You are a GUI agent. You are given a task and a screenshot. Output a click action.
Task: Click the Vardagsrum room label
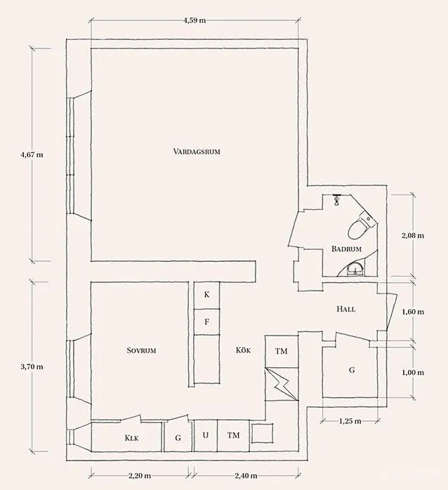197,152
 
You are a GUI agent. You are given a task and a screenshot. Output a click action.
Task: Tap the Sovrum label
141,350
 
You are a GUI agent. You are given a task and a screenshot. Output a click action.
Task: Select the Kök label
243,350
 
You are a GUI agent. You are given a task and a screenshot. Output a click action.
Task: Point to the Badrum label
346,249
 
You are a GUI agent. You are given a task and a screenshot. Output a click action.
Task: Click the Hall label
345,309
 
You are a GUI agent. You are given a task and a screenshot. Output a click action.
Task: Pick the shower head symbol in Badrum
336,199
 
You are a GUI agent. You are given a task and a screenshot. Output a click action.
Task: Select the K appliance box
206,296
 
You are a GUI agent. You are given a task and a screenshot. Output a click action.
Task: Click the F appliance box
206,322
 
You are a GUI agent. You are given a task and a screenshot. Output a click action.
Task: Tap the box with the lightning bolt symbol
282,384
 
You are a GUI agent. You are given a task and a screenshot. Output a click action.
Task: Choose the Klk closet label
131,438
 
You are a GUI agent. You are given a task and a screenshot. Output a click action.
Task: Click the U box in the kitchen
206,436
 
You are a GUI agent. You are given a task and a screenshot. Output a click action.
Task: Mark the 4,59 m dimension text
195,20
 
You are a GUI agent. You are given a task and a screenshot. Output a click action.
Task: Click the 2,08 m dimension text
413,236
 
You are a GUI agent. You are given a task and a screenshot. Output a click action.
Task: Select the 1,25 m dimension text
350,421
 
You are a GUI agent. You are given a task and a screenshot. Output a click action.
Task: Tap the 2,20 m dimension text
140,476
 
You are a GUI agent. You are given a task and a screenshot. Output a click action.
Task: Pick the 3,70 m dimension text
32,367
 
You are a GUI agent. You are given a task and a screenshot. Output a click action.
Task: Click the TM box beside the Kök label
282,351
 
